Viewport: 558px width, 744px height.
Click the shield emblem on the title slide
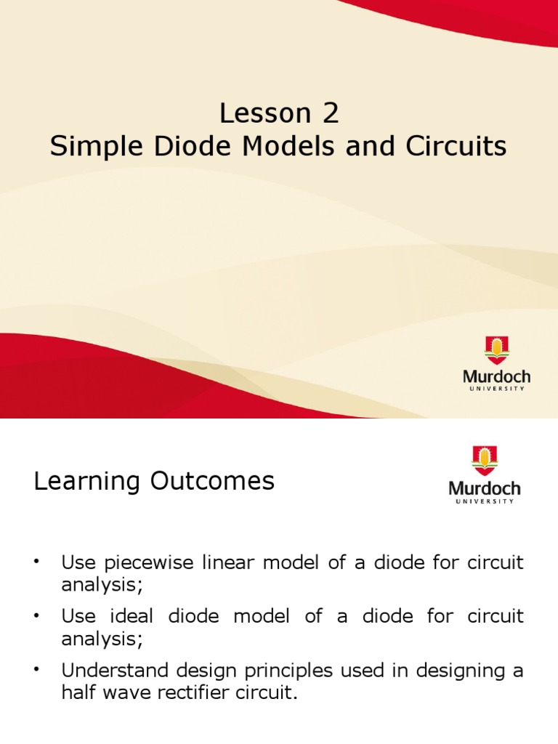497,350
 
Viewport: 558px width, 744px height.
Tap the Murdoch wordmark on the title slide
497,376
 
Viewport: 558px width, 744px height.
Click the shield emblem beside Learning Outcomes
484,461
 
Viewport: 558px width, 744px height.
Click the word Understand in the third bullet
114,671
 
